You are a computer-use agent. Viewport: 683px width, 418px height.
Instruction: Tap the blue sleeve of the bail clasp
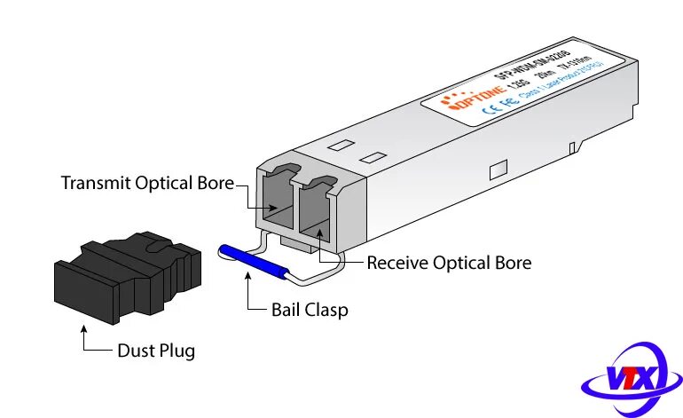point(252,264)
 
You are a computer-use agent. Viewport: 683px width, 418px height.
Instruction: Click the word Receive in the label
point(399,263)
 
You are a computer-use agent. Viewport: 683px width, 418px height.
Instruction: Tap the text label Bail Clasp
point(310,311)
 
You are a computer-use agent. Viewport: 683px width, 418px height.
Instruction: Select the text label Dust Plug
point(156,351)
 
